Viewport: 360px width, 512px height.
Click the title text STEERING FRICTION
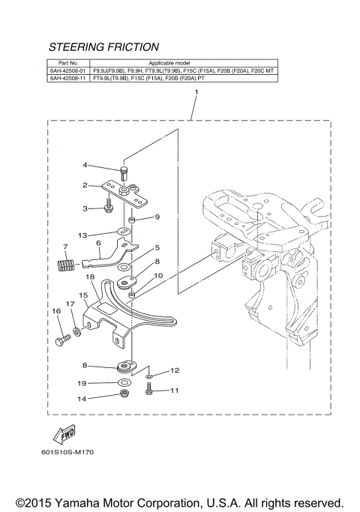103,46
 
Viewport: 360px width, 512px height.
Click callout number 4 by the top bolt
85,165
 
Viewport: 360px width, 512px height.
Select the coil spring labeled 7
67,264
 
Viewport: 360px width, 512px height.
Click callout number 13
83,234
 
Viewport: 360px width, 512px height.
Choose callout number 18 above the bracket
88,277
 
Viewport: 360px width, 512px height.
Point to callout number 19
83,382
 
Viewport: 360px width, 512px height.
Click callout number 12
174,370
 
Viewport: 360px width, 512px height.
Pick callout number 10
157,276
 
